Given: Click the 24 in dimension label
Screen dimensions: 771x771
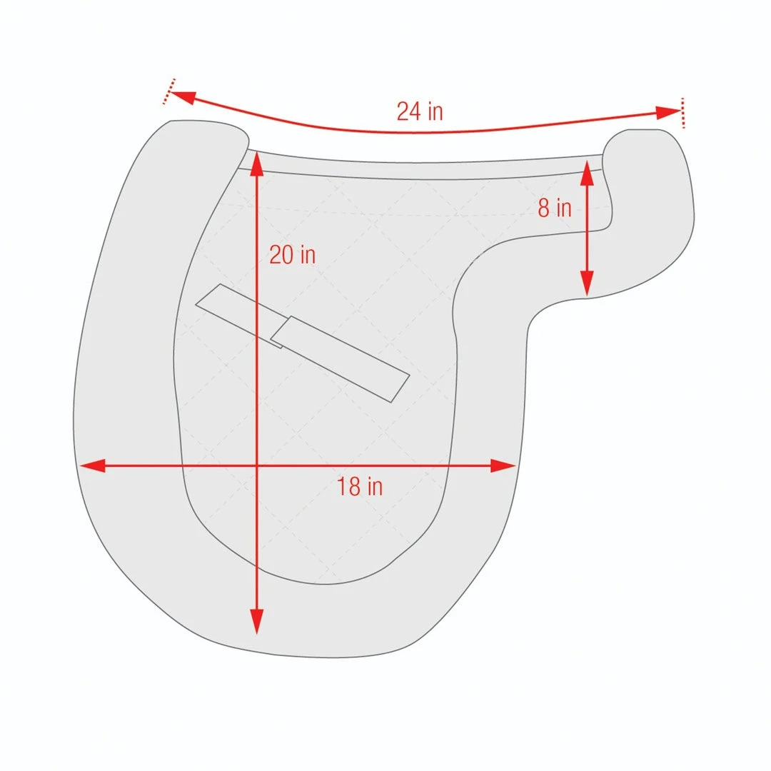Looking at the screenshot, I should (420, 111).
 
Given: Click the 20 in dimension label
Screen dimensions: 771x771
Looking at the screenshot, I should (292, 255).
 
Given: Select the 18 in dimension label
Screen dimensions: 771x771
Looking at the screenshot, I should (360, 487).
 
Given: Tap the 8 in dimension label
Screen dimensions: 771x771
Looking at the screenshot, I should (555, 208).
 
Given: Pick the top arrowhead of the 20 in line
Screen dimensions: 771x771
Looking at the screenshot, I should (257, 163).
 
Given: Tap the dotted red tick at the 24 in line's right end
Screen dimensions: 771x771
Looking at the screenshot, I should (682, 114).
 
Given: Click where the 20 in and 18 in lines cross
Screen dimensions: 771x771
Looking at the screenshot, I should (257, 466).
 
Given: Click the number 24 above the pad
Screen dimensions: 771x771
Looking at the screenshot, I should (410, 111).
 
